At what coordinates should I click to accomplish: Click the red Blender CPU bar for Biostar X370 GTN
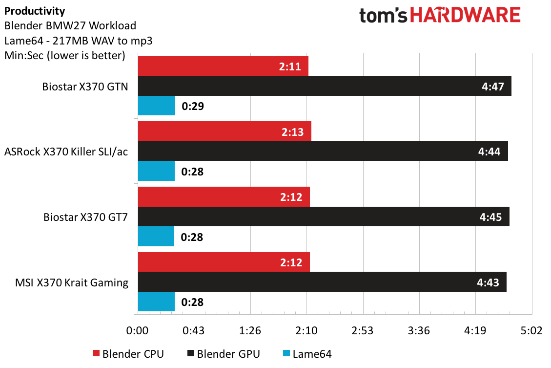[223, 66]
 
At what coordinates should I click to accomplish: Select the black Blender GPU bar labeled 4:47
[325, 86]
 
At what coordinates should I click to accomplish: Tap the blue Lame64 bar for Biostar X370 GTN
[157, 106]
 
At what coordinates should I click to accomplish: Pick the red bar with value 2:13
[224, 131]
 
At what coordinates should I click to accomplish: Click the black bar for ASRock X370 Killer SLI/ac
[323, 152]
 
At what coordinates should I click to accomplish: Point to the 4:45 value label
[490, 217]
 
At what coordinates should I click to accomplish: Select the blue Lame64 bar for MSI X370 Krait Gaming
[156, 302]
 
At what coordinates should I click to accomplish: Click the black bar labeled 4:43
[322, 282]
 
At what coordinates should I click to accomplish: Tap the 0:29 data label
[192, 106]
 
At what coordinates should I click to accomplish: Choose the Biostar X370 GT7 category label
[85, 217]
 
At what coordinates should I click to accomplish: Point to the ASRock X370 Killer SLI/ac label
[66, 152]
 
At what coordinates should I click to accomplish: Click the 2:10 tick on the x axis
[306, 331]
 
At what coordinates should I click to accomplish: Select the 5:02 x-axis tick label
[531, 331]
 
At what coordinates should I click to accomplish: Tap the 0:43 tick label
[194, 331]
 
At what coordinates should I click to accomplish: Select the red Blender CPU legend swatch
[96, 354]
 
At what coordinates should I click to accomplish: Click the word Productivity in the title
[34, 11]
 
